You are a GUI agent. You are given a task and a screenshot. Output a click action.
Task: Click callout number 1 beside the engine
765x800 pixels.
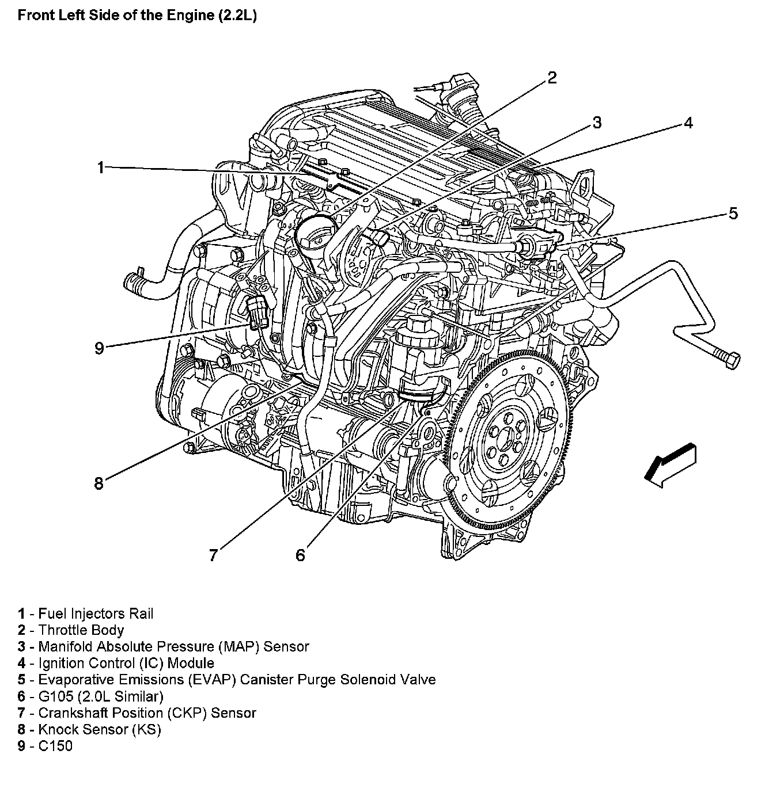pyautogui.click(x=100, y=167)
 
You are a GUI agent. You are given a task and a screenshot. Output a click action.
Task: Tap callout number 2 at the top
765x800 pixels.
pyautogui.click(x=552, y=78)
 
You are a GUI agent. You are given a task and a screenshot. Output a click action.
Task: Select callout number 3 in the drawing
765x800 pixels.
pyautogui.click(x=597, y=123)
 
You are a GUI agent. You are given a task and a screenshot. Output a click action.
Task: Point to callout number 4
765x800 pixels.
pyautogui.click(x=688, y=123)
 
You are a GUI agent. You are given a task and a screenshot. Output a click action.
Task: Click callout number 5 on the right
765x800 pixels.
pyautogui.click(x=733, y=214)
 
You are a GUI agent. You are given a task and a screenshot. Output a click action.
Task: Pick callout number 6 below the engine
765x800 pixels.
pyautogui.click(x=300, y=555)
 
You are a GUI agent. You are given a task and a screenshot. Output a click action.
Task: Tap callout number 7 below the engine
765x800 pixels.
pyautogui.click(x=213, y=555)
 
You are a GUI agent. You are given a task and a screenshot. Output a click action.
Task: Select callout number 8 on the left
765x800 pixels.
pyautogui.click(x=99, y=483)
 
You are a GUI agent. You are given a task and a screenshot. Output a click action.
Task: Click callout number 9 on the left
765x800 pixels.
pyautogui.click(x=99, y=348)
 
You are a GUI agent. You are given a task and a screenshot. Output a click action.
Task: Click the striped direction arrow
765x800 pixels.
pyautogui.click(x=671, y=466)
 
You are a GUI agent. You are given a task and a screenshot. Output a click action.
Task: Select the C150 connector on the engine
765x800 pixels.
pyautogui.click(x=257, y=311)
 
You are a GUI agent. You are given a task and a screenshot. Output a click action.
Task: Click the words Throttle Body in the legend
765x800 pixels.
pyautogui.click(x=81, y=630)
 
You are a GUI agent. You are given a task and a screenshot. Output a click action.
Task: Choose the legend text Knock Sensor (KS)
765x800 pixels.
pyautogui.click(x=100, y=729)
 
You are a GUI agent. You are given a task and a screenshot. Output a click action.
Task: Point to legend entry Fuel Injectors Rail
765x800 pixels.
pyautogui.click(x=96, y=614)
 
